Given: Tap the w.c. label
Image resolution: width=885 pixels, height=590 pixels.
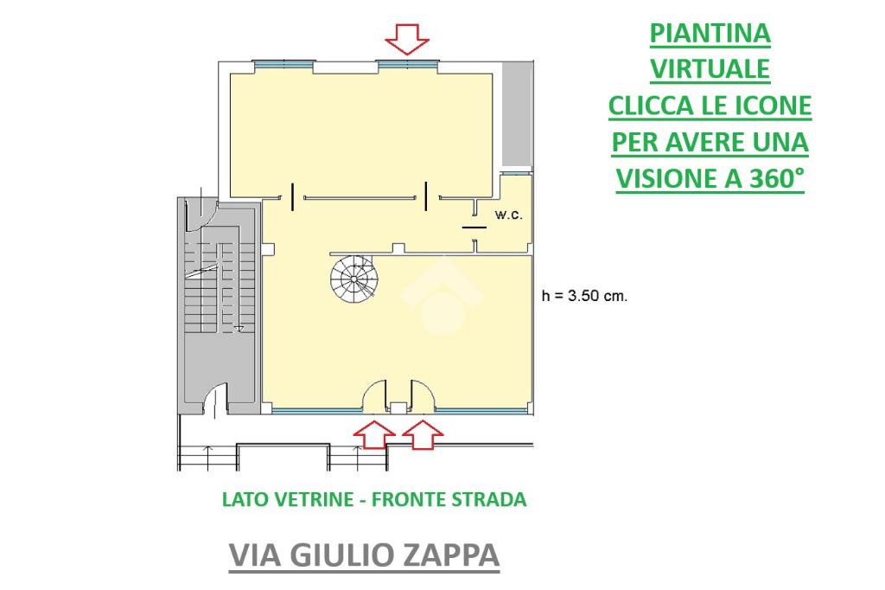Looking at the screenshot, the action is tap(508, 215).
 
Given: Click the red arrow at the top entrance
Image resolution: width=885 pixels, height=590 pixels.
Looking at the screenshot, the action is tap(407, 40).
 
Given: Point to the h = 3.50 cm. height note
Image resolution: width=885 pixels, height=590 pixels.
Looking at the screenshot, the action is tap(584, 296).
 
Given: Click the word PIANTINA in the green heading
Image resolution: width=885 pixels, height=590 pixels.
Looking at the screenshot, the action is tap(710, 33).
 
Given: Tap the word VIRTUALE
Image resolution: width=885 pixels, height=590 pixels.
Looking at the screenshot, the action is tap(710, 69).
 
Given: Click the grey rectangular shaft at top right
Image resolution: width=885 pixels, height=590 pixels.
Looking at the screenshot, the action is tap(518, 114).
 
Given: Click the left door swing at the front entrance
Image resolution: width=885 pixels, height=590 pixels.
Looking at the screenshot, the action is tap(373, 395).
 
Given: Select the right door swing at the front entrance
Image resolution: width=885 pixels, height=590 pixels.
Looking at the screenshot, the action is tap(423, 395).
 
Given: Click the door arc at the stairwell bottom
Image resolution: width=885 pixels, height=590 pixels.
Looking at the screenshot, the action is tap(214, 399).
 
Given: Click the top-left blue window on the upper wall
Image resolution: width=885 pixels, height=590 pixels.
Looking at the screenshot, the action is tap(283, 64).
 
